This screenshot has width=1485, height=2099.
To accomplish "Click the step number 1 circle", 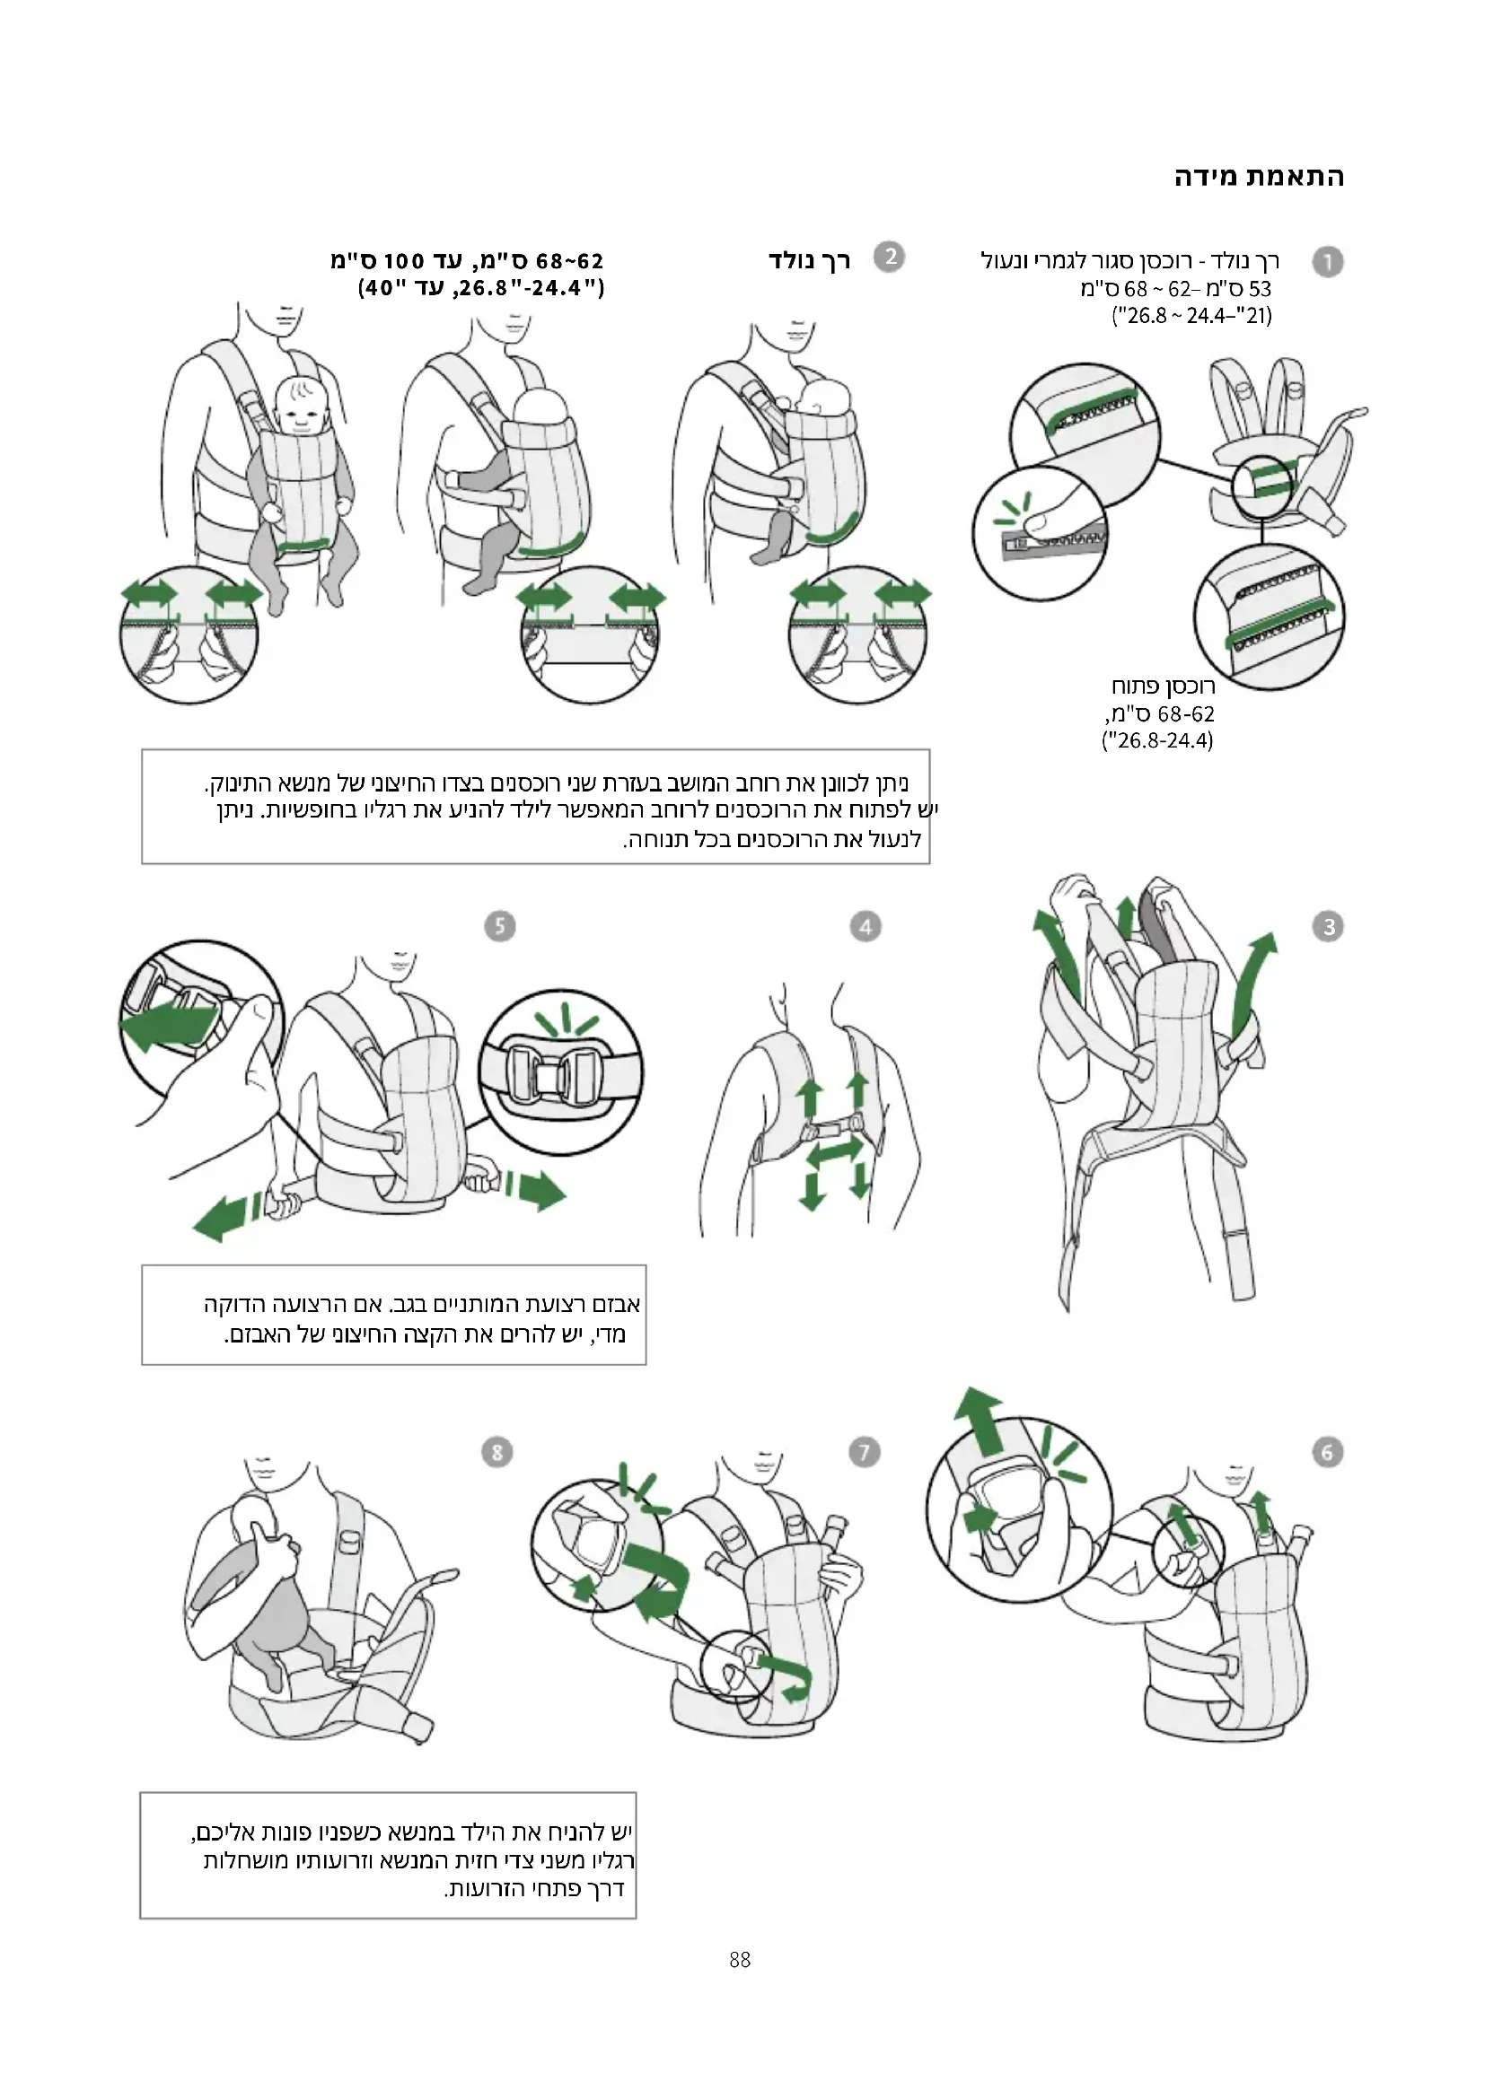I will point(1328,262).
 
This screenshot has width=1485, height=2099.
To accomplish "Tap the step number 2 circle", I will point(890,257).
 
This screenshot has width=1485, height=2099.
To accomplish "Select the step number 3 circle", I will point(1329,927).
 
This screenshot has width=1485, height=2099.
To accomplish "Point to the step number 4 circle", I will point(865,927).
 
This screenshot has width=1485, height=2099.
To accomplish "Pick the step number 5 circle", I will point(499,926).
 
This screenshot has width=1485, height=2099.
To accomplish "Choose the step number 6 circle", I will point(1328,1452).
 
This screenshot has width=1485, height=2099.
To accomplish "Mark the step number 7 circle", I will point(864,1452).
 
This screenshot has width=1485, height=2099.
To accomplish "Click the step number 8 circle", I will point(496,1452).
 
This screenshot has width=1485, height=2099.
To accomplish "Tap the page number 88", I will point(741,1959).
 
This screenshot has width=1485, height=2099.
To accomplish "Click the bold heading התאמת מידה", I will point(1259,178).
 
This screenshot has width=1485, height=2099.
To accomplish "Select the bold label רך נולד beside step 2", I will point(809,261).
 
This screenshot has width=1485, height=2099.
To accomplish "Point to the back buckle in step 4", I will point(831,1130).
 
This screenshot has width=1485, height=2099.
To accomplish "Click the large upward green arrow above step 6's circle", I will point(980,1421).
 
